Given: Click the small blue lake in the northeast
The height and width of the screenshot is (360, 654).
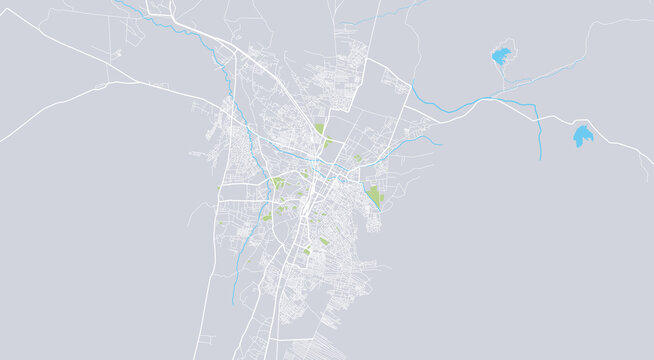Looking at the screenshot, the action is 500,56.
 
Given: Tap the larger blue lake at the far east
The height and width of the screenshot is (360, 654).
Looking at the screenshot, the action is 582,137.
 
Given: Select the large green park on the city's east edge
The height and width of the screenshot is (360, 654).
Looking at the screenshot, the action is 375,195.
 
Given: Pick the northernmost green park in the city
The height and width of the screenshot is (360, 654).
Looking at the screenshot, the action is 319,129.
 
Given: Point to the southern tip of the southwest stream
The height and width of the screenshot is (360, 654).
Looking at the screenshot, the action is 232,304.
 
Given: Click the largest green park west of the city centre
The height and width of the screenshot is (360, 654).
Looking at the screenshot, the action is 277,184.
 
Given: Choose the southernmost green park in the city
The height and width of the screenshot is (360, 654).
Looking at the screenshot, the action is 307,252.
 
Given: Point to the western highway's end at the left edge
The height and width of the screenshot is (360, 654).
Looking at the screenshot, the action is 3,139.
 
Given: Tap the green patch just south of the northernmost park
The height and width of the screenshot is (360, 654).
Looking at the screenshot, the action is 327,144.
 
